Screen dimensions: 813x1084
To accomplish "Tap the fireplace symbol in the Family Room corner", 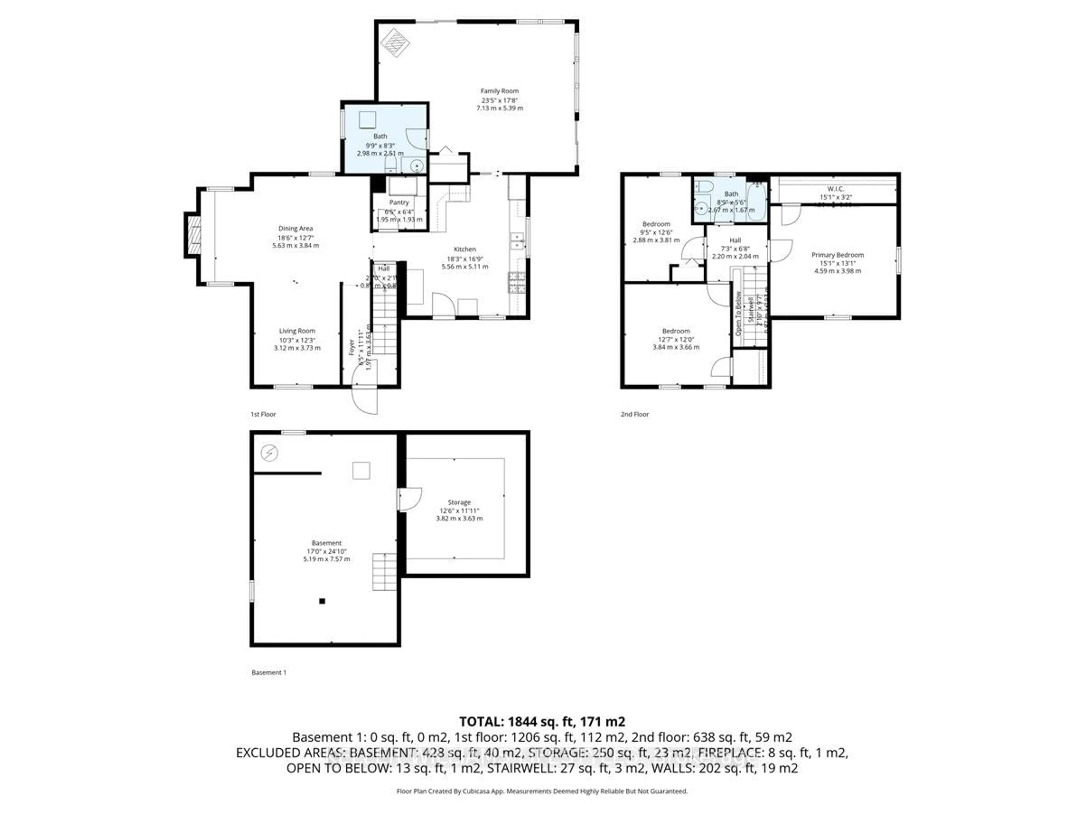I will click(x=395, y=43).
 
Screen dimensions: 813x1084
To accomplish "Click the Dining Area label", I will click(x=296, y=228).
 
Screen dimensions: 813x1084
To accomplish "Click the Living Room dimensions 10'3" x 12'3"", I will click(x=297, y=340).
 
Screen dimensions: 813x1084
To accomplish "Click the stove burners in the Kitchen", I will click(x=517, y=282).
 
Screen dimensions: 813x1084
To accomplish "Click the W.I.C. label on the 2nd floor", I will click(x=836, y=189).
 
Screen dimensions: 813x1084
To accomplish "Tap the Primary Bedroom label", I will click(x=838, y=255).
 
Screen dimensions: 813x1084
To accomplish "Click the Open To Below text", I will click(x=738, y=314).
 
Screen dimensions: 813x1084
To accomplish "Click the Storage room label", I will click(x=459, y=502).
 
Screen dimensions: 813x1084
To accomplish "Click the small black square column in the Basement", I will click(x=322, y=601).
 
